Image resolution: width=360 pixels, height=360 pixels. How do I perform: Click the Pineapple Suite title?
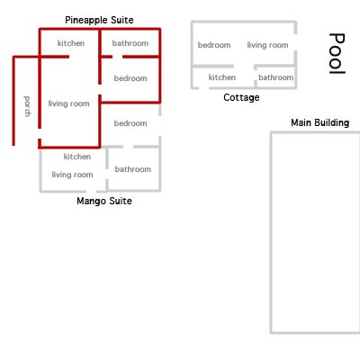click(99, 21)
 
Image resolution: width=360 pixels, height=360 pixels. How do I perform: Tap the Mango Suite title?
click(104, 201)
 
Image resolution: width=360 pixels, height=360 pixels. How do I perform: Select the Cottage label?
click(241, 97)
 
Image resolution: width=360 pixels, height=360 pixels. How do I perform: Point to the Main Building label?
click(320, 122)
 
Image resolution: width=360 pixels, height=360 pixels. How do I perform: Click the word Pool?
click(337, 53)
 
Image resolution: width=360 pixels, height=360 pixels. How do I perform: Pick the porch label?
click(27, 106)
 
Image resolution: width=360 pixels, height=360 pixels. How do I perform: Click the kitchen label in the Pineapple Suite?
click(71, 43)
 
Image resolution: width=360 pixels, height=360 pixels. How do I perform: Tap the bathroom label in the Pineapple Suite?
click(130, 43)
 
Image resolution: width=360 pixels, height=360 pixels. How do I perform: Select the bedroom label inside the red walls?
click(130, 78)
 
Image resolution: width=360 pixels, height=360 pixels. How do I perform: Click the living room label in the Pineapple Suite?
click(68, 103)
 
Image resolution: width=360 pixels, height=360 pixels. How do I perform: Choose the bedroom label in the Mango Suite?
click(130, 123)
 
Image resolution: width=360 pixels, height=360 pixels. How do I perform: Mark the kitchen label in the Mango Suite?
click(77, 157)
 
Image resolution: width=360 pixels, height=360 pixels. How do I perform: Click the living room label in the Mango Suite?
click(72, 175)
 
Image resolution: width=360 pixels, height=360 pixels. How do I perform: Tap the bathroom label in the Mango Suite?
click(133, 169)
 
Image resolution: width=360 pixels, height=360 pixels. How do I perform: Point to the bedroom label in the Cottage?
click(214, 45)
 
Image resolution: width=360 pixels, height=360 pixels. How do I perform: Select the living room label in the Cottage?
click(267, 45)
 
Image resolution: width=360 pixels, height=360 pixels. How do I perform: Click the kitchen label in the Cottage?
click(222, 77)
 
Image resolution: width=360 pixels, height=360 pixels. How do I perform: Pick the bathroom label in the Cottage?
click(276, 77)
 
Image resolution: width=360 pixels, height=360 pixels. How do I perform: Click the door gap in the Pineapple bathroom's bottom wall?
click(118, 57)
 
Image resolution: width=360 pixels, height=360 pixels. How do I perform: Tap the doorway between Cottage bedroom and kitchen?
click(244, 66)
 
